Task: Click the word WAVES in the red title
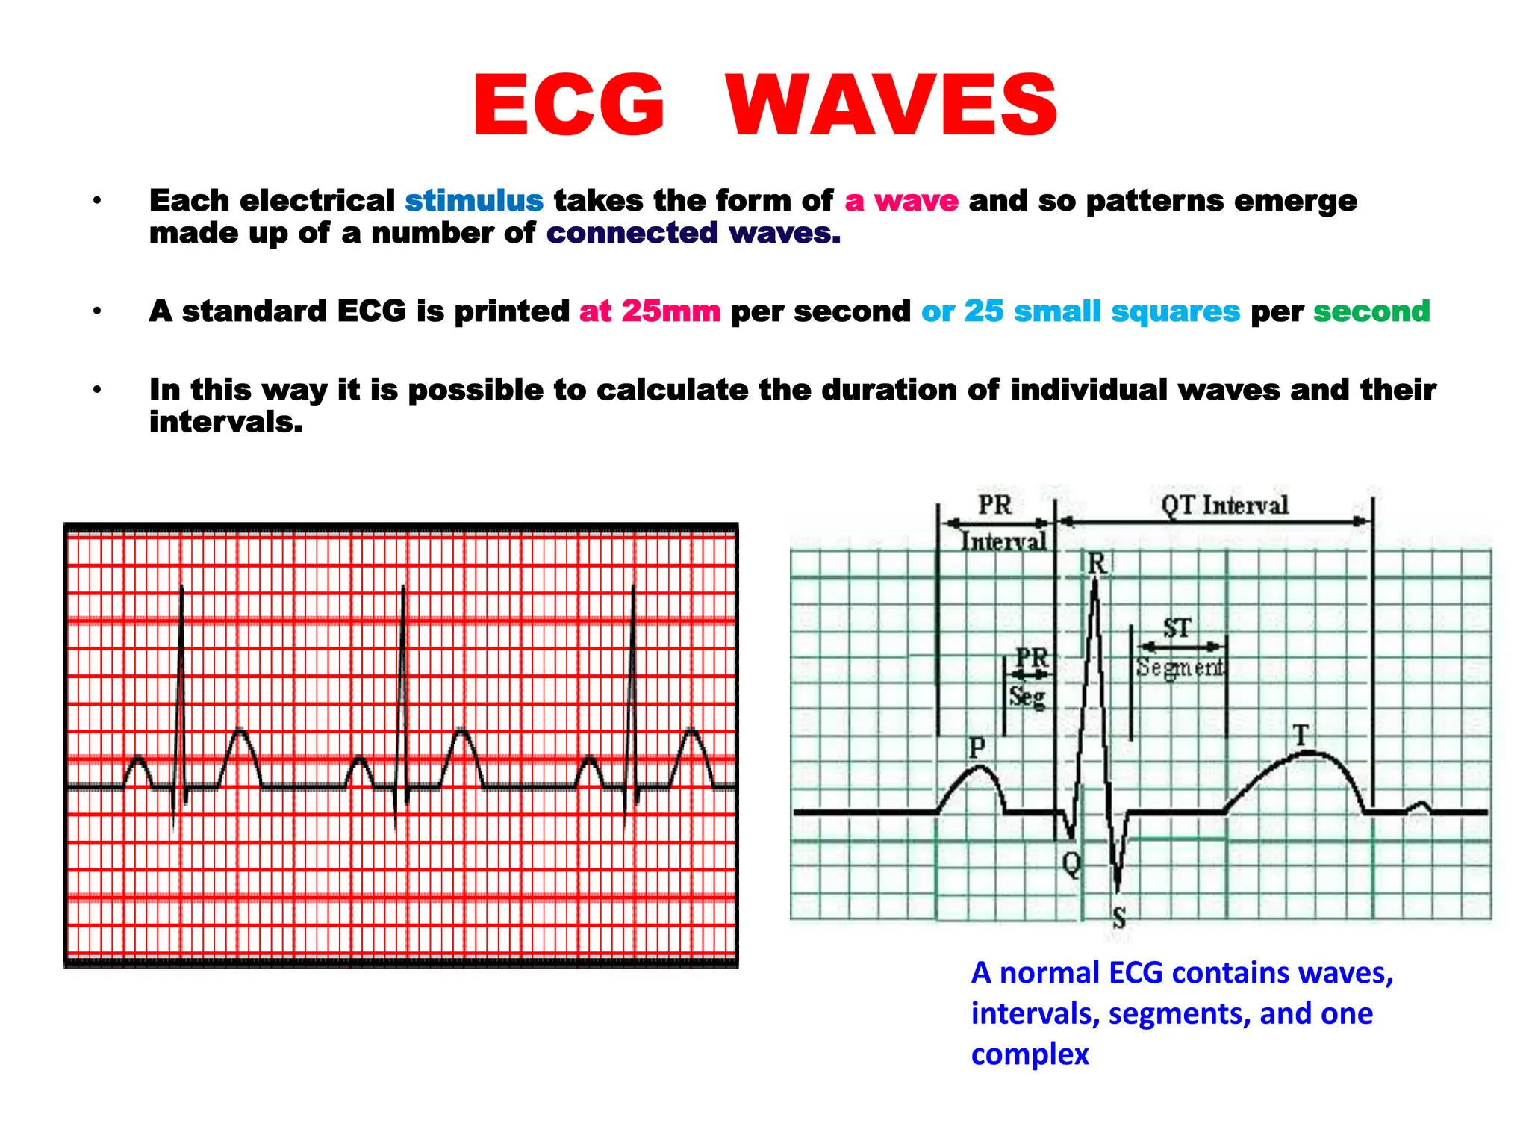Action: [892, 106]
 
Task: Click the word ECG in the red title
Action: [569, 106]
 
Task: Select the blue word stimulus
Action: [474, 201]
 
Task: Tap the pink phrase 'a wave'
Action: [901, 201]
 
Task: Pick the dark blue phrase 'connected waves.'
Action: [694, 233]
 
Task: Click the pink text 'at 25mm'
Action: [650, 311]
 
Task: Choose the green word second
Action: [1371, 311]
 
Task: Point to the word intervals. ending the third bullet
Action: [226, 423]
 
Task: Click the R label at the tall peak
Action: [1096, 564]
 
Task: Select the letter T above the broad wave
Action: [1301, 736]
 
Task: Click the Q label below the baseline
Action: [1071, 865]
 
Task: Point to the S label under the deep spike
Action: [1118, 917]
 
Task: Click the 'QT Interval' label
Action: [1224, 506]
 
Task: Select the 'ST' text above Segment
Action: [1177, 628]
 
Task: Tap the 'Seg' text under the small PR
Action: [1027, 697]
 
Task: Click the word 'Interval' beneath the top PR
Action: [1003, 541]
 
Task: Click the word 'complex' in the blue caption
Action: [1030, 1054]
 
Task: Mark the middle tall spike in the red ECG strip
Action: [403, 672]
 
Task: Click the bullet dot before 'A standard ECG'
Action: [97, 311]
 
